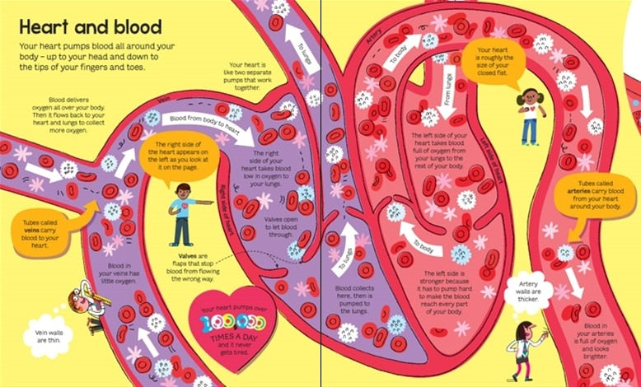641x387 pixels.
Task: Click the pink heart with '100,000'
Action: tap(234, 315)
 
